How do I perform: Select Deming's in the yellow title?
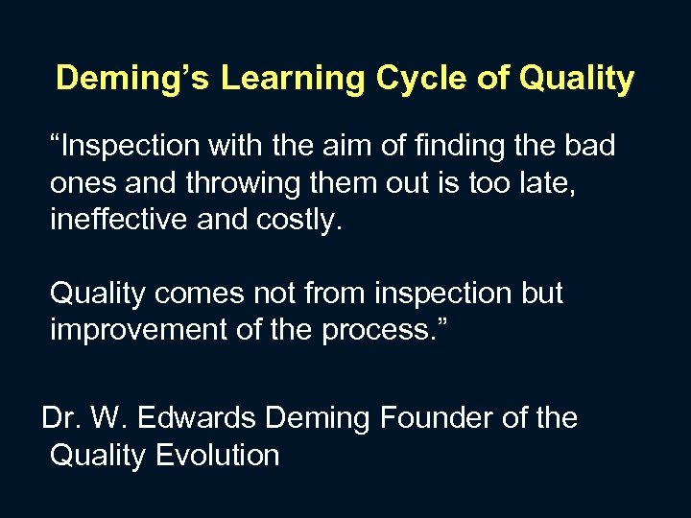click(x=134, y=79)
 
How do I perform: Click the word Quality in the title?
click(x=577, y=79)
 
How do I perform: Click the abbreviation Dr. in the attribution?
click(x=60, y=418)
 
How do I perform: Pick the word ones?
click(x=81, y=183)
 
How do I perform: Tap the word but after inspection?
click(x=539, y=294)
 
